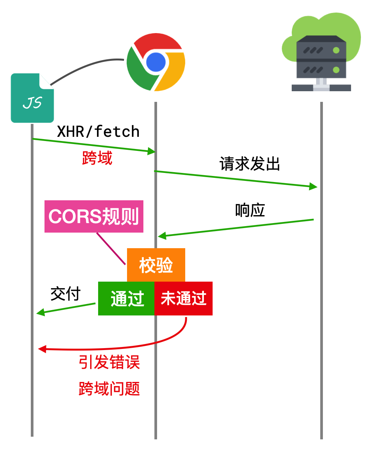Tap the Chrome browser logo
point(156,62)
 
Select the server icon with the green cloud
point(321,53)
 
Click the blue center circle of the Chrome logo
point(156,62)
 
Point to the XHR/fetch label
point(98,132)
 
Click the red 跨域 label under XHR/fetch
point(97,158)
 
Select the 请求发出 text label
point(249,164)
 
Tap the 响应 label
point(249,210)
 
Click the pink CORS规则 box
point(94,216)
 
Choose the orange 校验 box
point(156,265)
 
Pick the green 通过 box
point(126,298)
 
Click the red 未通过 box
point(183,298)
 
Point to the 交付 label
point(65,294)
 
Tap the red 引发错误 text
point(109,362)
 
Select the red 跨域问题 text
point(109,389)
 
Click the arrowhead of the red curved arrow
point(42,349)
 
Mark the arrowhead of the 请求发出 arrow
point(313,186)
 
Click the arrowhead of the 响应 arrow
point(162,236)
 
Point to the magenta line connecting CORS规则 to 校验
point(111,249)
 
